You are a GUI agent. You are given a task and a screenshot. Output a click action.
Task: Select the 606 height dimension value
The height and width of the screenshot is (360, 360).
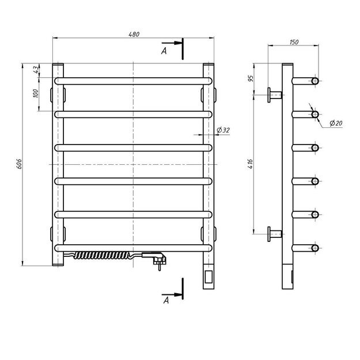tap(19, 164)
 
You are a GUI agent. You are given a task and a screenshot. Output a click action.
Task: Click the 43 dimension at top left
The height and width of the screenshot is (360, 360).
tap(36, 70)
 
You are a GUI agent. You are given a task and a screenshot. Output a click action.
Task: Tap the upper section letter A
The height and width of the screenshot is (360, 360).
tap(164, 52)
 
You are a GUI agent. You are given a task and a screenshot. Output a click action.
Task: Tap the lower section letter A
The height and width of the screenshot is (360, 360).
tap(165, 300)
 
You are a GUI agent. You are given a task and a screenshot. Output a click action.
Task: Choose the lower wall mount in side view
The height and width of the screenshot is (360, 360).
tap(274, 234)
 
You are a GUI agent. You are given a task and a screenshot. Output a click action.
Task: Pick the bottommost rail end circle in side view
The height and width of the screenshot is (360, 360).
tap(315, 248)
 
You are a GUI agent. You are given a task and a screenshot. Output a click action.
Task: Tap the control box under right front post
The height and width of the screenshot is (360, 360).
tap(208, 278)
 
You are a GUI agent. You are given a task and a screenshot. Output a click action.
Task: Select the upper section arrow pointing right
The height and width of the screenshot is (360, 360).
tap(171, 43)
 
